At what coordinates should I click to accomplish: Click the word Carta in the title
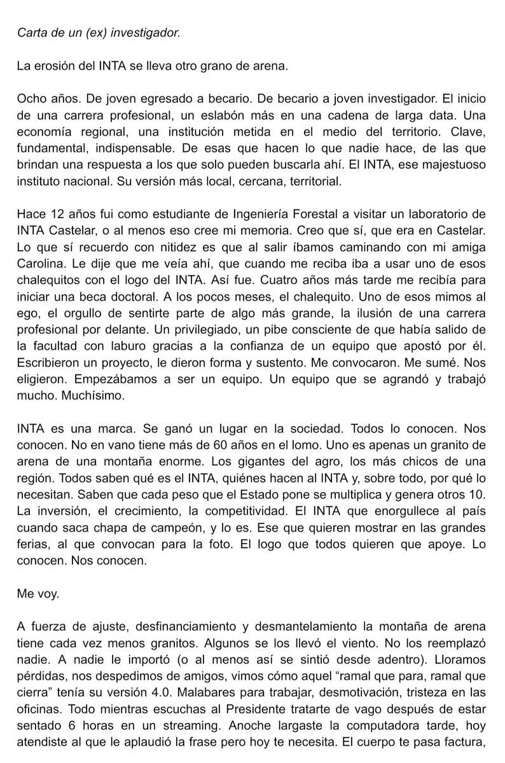[x=30, y=31]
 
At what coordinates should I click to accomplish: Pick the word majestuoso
[x=454, y=165]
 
